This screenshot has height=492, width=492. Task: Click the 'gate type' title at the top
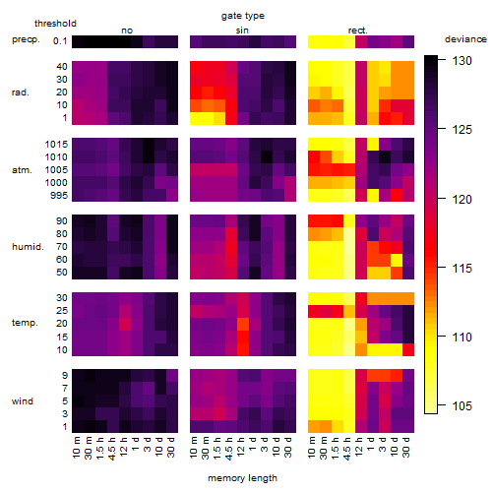click(243, 16)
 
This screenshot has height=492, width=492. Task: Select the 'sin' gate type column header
click(242, 31)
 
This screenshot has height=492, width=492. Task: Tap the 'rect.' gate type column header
click(357, 31)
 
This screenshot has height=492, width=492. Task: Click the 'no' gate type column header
click(127, 31)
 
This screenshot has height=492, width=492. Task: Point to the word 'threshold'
click(55, 24)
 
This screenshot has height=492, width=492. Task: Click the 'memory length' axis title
click(242, 478)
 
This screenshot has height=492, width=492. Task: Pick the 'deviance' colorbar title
click(465, 39)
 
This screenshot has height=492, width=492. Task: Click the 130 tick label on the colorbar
click(461, 61)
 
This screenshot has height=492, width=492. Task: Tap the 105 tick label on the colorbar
click(461, 406)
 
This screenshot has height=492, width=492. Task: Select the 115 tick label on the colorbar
click(461, 269)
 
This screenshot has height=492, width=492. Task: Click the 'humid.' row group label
click(28, 247)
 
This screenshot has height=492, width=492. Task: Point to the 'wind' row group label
click(23, 401)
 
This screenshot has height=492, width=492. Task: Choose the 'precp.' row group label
click(26, 39)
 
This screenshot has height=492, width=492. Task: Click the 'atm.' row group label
click(22, 170)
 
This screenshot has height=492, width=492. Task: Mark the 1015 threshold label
click(56, 145)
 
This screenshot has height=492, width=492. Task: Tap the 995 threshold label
click(59, 196)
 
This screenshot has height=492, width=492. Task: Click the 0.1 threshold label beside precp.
click(60, 41)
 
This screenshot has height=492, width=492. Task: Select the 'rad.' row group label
click(21, 92)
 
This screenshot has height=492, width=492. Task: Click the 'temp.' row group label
click(25, 323)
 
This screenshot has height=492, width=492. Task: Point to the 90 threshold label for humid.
click(62, 221)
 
